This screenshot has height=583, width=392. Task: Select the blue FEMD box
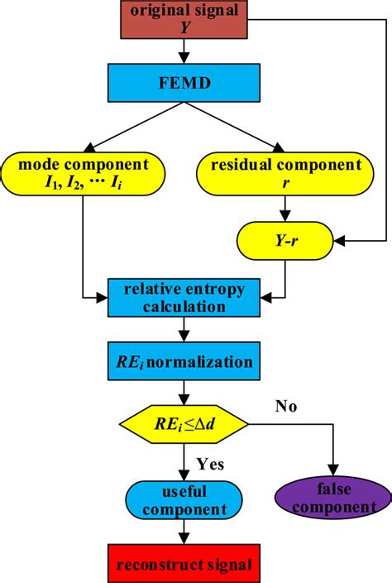[182, 84]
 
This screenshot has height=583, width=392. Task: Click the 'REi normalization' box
[182, 362]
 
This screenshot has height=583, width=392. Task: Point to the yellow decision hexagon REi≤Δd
[183, 426]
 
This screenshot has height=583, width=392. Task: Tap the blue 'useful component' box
[182, 499]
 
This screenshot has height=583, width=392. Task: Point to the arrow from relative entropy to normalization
[182, 330]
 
